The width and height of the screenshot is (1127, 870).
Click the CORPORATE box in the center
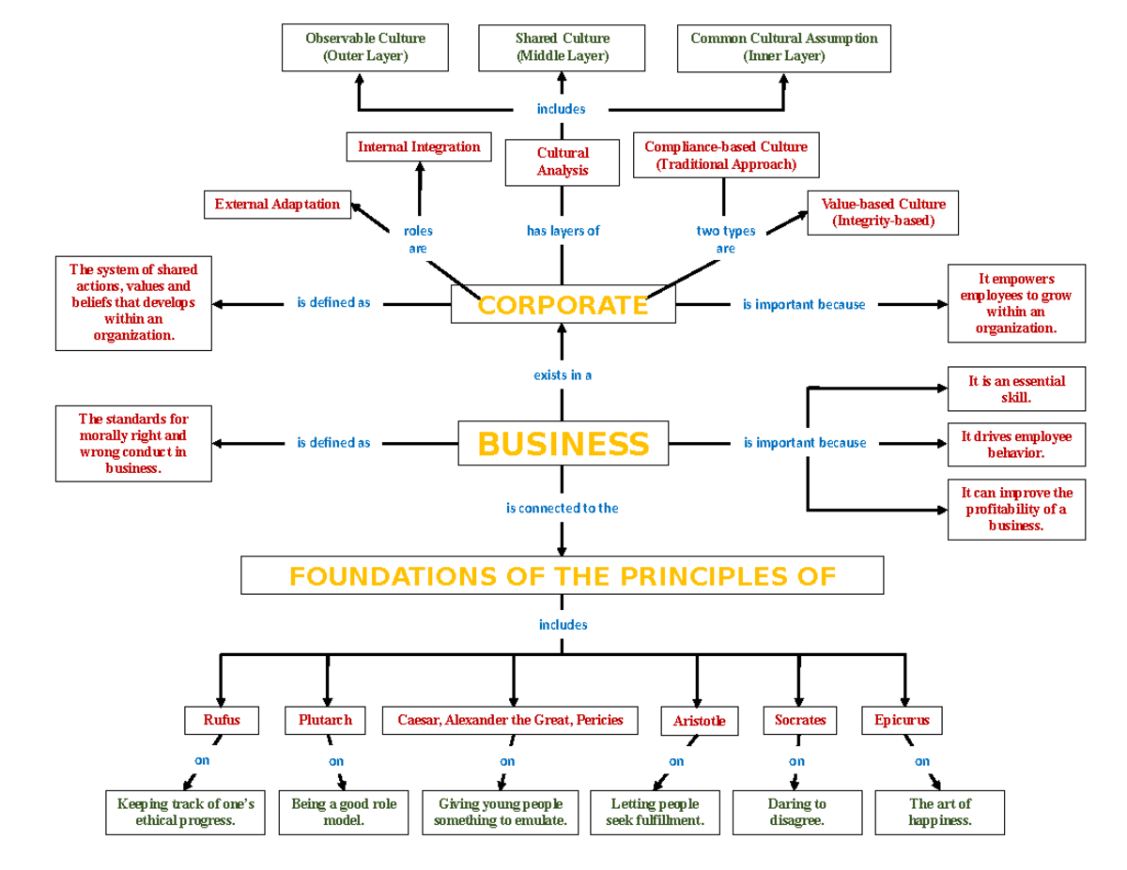[563, 305]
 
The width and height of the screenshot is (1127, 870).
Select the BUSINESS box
[563, 443]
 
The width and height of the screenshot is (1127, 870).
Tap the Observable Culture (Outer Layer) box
[365, 48]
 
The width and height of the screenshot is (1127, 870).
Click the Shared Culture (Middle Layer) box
[563, 48]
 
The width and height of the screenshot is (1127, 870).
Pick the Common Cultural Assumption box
[783, 48]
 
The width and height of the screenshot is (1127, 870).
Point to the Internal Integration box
[419, 147]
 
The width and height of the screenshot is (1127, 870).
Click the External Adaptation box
[277, 205]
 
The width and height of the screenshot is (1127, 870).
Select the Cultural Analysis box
[563, 161]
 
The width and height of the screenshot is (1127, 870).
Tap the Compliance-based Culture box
[725, 156]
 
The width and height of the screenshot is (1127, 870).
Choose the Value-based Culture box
[883, 213]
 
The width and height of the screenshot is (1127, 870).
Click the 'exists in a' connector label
[563, 375]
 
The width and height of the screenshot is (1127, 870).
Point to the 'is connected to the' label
[563, 509]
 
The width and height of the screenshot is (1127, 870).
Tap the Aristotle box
[699, 722]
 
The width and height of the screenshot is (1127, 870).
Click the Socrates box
[800, 720]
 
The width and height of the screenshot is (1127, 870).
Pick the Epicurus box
[902, 720]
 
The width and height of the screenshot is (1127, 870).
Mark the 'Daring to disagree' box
[796, 813]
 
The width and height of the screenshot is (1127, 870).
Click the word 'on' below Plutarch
[336, 762]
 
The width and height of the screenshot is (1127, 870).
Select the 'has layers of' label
[563, 231]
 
